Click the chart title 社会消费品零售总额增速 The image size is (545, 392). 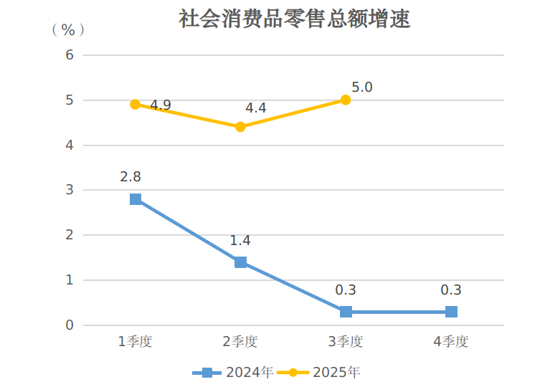coord(294,19)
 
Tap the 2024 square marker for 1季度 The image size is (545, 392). coord(136,199)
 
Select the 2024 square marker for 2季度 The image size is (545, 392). coord(241,262)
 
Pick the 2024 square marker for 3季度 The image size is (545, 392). coord(346,312)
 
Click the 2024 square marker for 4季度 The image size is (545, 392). coord(451,312)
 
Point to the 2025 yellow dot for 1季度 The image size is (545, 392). coord(136,105)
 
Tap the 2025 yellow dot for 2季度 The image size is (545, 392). coord(241,127)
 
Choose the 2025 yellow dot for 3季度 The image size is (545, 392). coord(346,100)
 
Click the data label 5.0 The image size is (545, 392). coord(362,87)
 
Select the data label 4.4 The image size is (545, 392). coord(256,108)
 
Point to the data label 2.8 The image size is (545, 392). coord(131,176)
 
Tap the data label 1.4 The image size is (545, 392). coord(240,241)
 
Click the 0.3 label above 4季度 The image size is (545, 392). coord(451,290)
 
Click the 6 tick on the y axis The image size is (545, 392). coord(70,55)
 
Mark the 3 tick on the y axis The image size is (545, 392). coord(70,190)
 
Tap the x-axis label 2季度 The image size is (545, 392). coord(240,342)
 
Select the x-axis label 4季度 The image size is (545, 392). coord(451,342)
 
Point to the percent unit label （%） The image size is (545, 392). coord(68,29)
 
